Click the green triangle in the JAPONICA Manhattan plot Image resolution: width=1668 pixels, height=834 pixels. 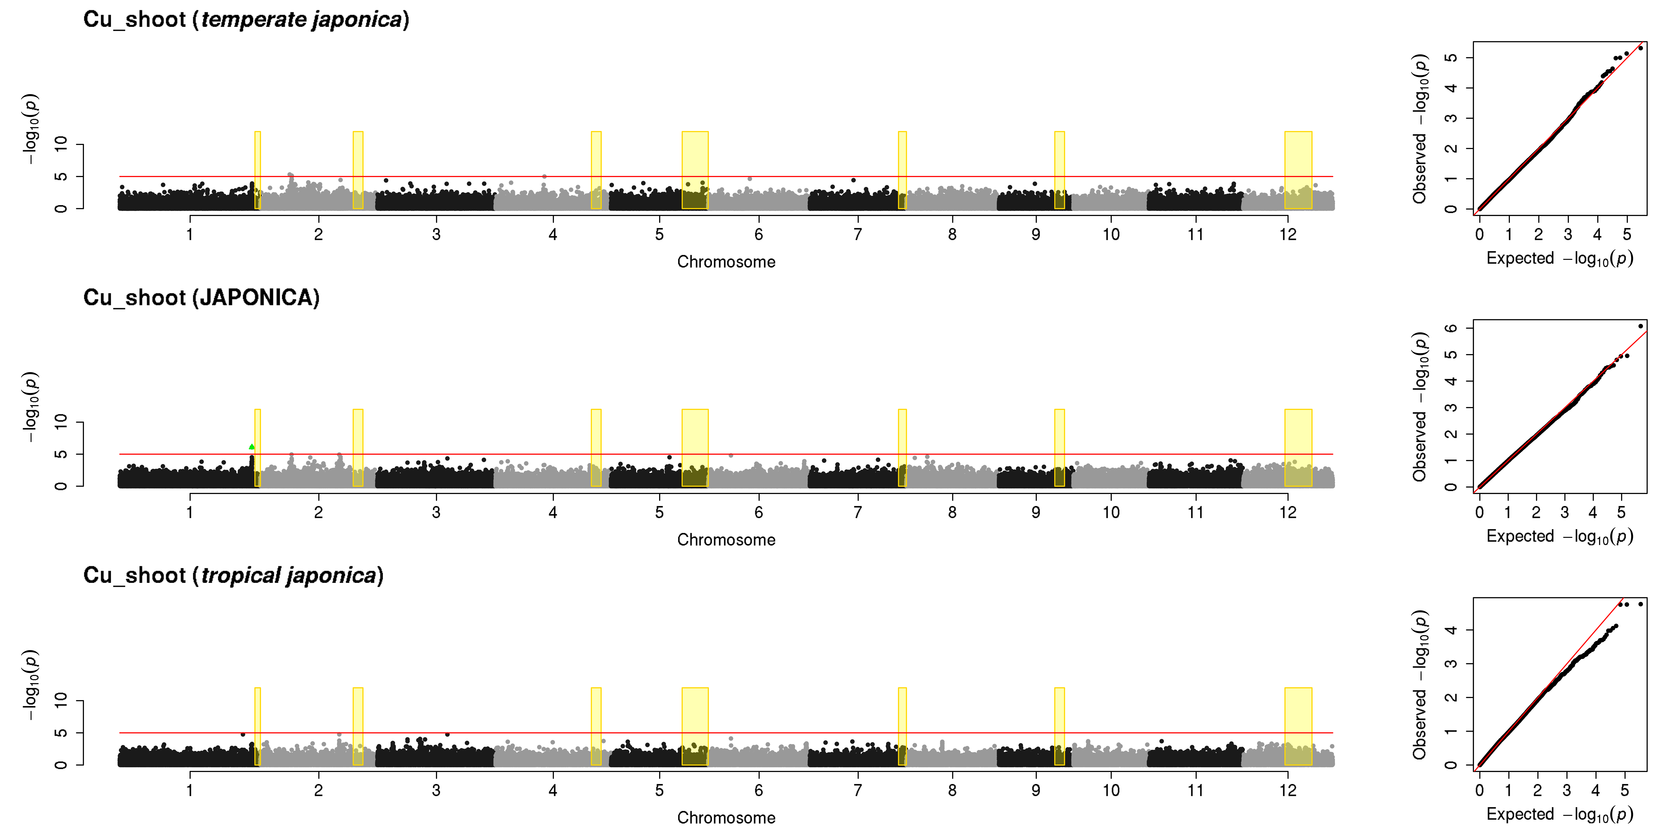(x=252, y=447)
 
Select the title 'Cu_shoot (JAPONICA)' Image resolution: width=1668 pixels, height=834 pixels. (x=201, y=298)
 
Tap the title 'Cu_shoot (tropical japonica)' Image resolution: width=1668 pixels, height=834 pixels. (x=233, y=576)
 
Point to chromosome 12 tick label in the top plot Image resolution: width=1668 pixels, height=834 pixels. (x=1288, y=234)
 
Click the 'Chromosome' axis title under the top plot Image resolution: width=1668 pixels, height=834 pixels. (x=726, y=262)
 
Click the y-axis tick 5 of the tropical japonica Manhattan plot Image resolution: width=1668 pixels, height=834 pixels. (x=61, y=733)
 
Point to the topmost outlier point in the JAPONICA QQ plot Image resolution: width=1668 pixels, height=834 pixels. (x=1640, y=326)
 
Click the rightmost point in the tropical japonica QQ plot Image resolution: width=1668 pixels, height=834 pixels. (x=1640, y=604)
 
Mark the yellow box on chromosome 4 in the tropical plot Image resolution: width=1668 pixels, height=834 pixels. (x=596, y=726)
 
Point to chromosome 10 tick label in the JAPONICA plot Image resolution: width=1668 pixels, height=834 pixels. (x=1111, y=512)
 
